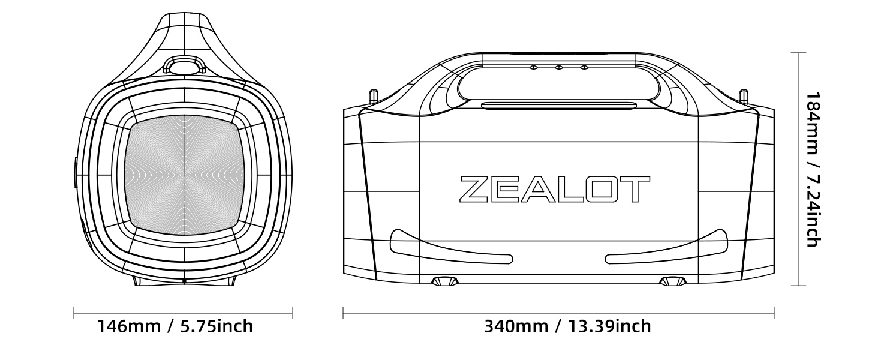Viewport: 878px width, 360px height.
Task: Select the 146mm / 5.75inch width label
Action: [175, 326]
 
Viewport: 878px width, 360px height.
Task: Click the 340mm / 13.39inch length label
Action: [567, 326]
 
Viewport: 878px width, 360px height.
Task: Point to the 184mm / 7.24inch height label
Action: [813, 169]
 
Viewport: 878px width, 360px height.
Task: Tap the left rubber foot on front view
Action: [444, 281]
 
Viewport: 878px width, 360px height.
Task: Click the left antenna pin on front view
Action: [373, 96]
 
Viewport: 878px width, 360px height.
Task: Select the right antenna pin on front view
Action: [744, 96]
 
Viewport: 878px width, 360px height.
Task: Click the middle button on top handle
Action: [558, 67]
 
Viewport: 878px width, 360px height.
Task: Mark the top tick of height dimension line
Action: [798, 53]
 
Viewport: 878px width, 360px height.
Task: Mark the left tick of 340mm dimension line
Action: [343, 313]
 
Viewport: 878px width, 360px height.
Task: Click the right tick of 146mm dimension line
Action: [292, 313]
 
